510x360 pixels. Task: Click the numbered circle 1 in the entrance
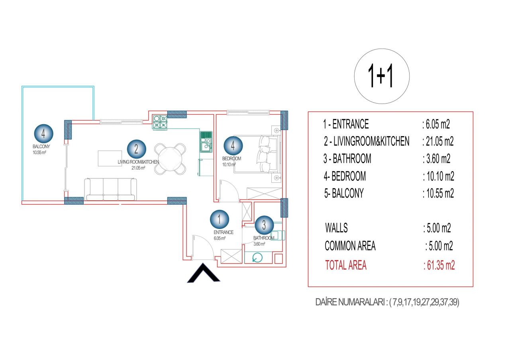220,219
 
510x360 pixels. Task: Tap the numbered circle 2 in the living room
136,149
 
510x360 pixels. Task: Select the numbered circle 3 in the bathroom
264,225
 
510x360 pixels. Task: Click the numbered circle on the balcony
43,134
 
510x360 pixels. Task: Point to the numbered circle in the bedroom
233,146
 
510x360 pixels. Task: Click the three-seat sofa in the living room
111,189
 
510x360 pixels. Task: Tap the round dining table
170,159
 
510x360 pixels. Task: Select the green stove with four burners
160,122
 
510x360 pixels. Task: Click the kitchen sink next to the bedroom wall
206,142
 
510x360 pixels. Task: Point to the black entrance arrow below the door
203,274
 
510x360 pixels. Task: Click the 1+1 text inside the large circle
381,76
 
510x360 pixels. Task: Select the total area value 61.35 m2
439,265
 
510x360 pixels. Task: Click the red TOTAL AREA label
346,265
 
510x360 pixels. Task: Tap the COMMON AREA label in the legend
350,246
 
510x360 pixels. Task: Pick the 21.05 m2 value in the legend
438,141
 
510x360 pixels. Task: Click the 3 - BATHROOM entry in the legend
347,158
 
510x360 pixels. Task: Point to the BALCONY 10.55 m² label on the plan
41,149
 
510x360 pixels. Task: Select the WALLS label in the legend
337,228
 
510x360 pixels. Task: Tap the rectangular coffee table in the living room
110,158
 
